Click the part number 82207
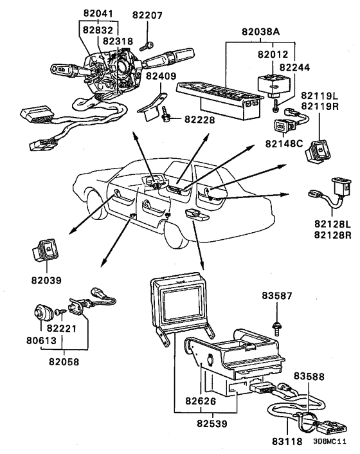[x=147, y=15]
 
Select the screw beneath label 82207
[x=147, y=46]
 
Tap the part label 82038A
[x=261, y=32]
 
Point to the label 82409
[x=161, y=76]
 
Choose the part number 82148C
[x=284, y=143]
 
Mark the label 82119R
[x=319, y=106]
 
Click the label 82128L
[x=332, y=224]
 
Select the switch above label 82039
[x=45, y=250]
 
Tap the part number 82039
[x=46, y=280]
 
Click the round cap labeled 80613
[x=42, y=313]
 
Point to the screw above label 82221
[x=60, y=312]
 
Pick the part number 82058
[x=64, y=361]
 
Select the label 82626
[x=201, y=401]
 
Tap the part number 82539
[x=212, y=424]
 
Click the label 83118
[x=287, y=442]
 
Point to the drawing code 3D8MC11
[x=330, y=442]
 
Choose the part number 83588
[x=309, y=376]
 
